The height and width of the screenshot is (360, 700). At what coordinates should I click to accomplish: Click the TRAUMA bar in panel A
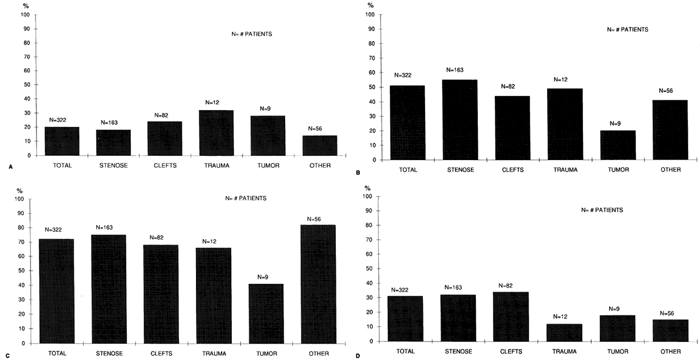(x=216, y=133)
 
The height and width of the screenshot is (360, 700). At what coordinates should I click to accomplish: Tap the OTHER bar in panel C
(x=318, y=284)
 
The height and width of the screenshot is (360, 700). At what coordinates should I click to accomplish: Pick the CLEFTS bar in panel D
(x=510, y=316)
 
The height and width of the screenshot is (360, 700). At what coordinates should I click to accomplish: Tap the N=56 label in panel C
(x=314, y=219)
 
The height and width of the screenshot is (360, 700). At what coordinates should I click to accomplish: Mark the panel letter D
(x=357, y=357)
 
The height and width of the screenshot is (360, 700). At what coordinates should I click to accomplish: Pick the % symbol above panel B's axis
(x=370, y=5)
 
